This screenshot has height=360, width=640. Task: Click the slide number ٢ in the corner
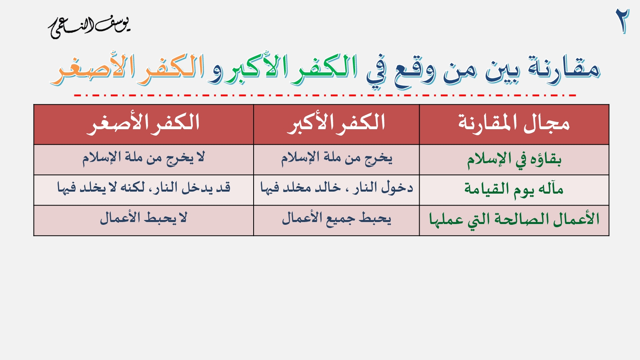(x=622, y=21)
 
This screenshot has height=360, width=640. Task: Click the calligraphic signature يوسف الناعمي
(x=90, y=28)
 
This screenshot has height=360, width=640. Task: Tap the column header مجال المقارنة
(x=514, y=123)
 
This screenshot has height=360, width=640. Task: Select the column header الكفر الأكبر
(x=336, y=123)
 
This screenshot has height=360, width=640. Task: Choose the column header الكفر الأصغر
(x=143, y=123)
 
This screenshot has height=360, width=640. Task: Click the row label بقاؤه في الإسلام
(x=514, y=160)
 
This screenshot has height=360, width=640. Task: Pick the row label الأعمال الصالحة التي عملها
(x=514, y=220)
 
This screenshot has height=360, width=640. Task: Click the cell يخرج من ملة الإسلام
(x=336, y=158)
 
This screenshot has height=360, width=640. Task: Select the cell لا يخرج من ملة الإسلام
(x=144, y=158)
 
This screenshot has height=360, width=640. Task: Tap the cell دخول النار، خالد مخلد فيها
(x=336, y=188)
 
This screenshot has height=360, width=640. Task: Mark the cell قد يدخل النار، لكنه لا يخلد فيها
(x=144, y=188)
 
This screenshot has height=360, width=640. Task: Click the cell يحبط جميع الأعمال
(x=336, y=219)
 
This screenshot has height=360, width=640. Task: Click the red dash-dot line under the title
(x=325, y=95)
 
